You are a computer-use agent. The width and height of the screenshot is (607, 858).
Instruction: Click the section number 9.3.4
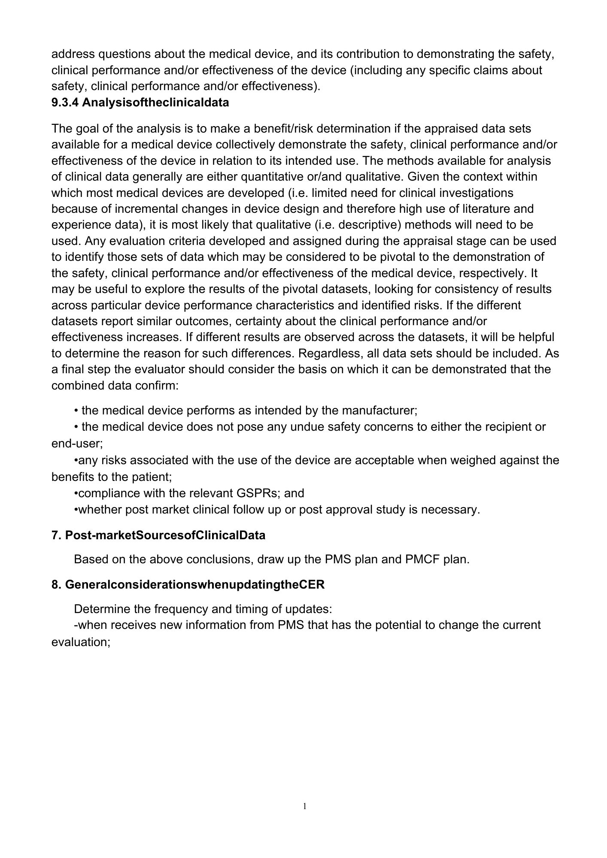(x=65, y=103)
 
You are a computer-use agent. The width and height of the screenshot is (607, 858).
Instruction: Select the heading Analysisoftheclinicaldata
(x=155, y=103)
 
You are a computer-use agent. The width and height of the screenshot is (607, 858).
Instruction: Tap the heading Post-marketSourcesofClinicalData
(x=165, y=535)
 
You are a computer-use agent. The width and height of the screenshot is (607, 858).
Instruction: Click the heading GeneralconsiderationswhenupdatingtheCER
(x=195, y=585)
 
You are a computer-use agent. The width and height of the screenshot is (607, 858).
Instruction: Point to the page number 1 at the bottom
(x=305, y=807)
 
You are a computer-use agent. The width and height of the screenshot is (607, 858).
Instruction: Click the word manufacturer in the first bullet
(x=379, y=411)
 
